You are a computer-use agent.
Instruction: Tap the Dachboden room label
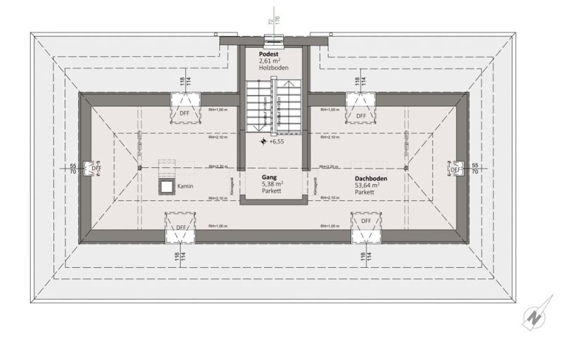point(370,178)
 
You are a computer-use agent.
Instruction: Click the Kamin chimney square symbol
point(167,186)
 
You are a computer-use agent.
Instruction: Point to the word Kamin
point(185,186)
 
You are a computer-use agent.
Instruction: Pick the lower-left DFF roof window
point(181,228)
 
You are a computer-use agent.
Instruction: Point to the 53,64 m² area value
point(368,185)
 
